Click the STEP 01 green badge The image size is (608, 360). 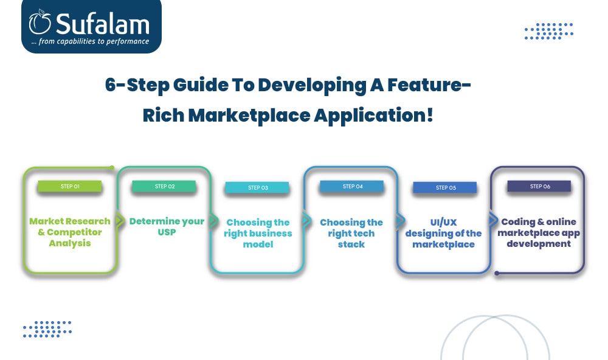pyautogui.click(x=70, y=186)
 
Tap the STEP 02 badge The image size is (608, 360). pyautogui.click(x=164, y=186)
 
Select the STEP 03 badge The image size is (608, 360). pyautogui.click(x=257, y=187)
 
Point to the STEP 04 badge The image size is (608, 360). pyautogui.click(x=352, y=186)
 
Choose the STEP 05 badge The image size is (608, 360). pyautogui.click(x=445, y=187)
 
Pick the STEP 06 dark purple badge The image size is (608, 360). pyautogui.click(x=539, y=186)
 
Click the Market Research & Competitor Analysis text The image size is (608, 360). pyautogui.click(x=70, y=232)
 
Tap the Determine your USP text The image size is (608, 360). pyautogui.click(x=167, y=227)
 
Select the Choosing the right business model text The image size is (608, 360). pyautogui.click(x=258, y=233)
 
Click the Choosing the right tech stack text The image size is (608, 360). pyautogui.click(x=351, y=233)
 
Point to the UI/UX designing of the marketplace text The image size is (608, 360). pyautogui.click(x=444, y=233)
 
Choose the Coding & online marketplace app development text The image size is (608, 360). pyautogui.click(x=539, y=232)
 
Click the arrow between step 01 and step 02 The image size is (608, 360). pyautogui.click(x=119, y=220)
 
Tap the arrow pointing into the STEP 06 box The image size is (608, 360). pyautogui.click(x=493, y=220)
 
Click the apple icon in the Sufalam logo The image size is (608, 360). pyautogui.click(x=40, y=22)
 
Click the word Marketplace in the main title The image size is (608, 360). pyautogui.click(x=249, y=116)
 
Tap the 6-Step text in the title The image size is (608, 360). pyautogui.click(x=137, y=85)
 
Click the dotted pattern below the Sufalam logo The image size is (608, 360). pyautogui.click(x=47, y=329)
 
